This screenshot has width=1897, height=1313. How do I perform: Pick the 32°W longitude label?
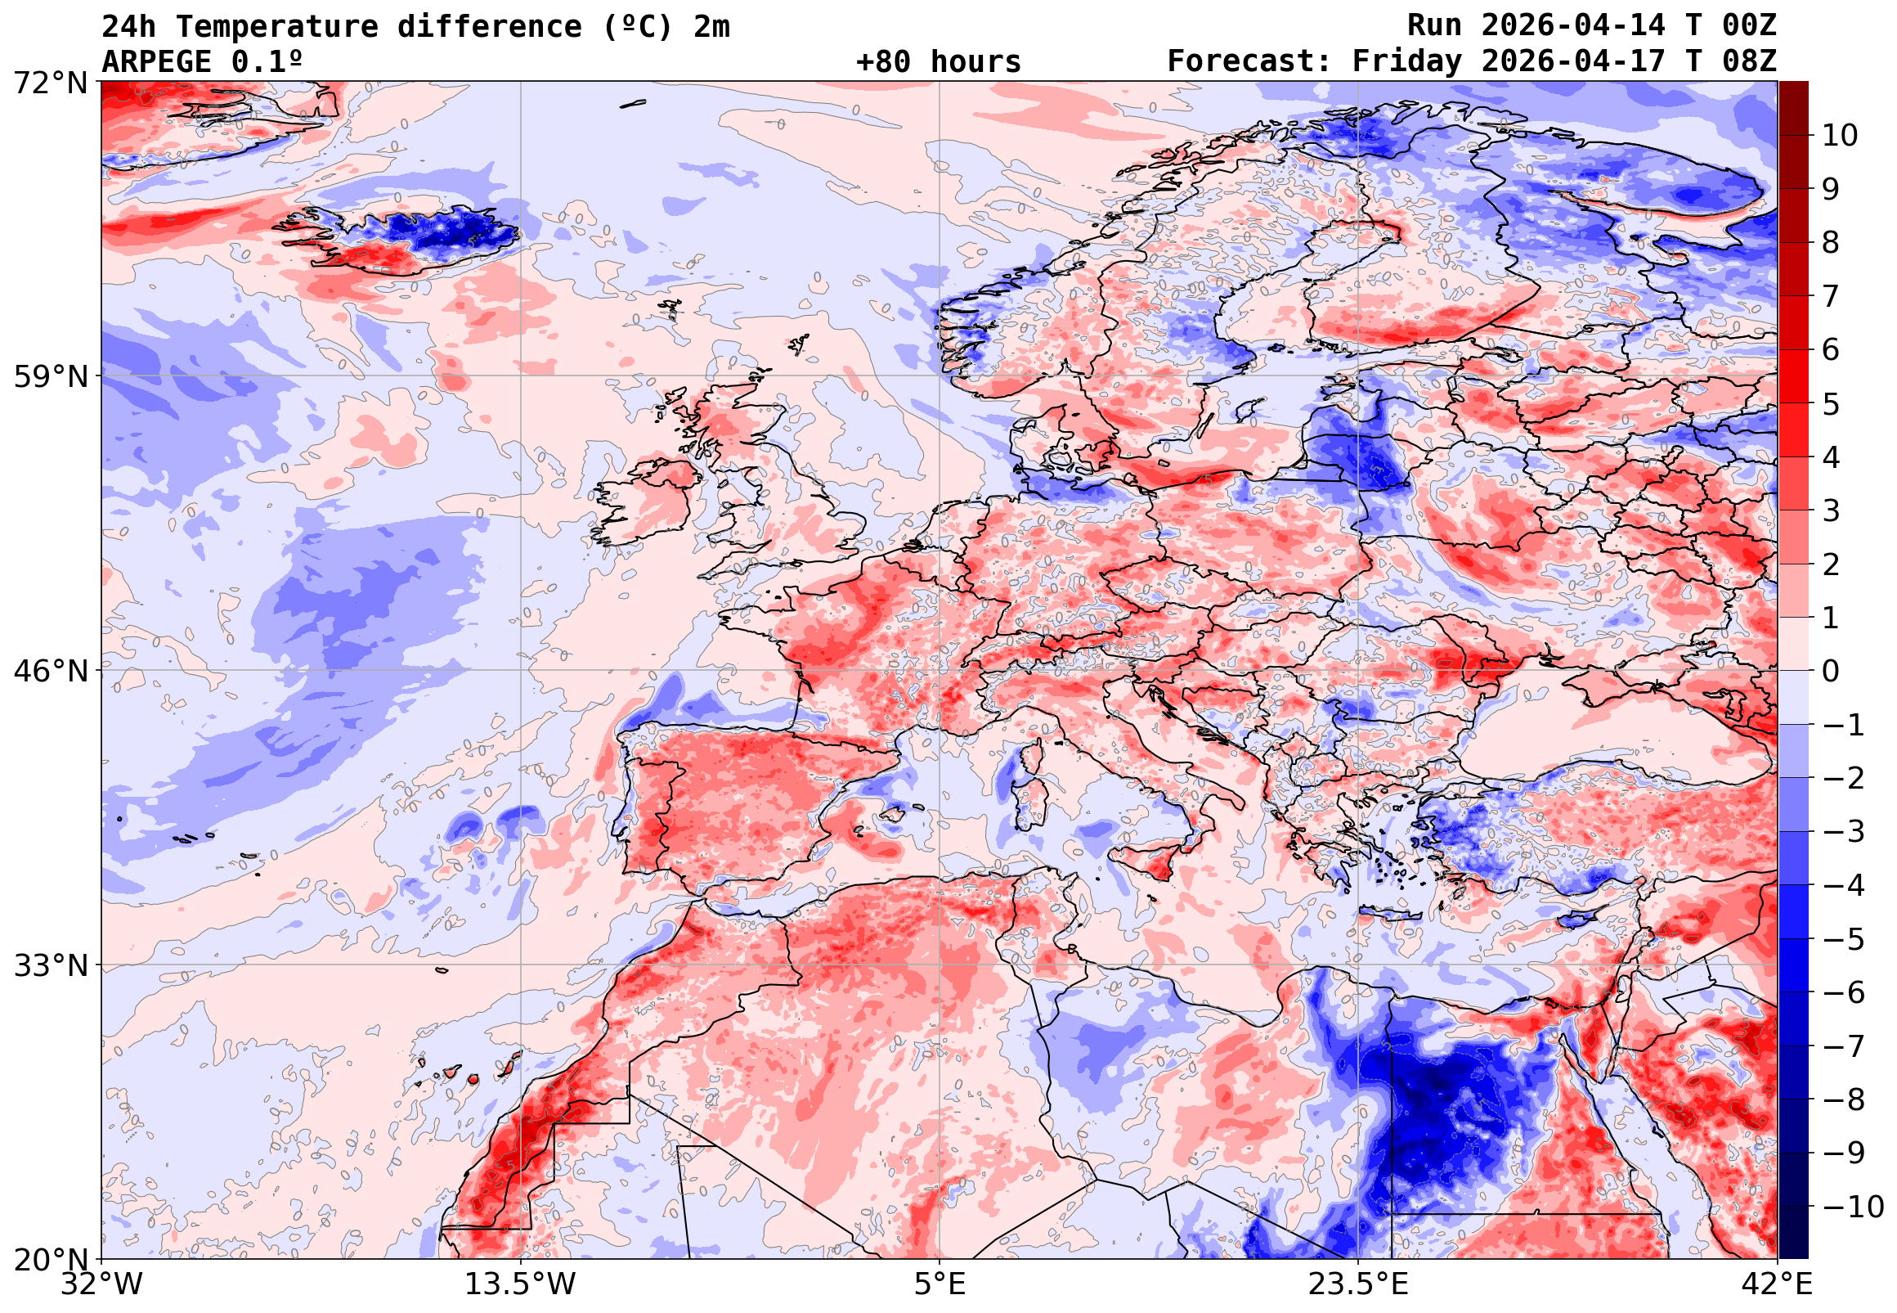[x=101, y=1284]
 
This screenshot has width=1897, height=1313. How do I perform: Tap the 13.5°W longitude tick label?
[x=521, y=1284]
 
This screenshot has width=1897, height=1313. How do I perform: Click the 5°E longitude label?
[x=940, y=1284]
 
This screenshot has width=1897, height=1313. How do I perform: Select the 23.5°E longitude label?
[x=1358, y=1284]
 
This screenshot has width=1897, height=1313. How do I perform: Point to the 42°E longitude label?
[x=1778, y=1284]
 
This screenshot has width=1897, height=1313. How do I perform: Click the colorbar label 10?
[x=1840, y=136]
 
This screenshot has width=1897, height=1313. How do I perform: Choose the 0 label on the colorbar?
[x=1831, y=672]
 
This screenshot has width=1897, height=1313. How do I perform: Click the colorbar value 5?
[x=1831, y=404]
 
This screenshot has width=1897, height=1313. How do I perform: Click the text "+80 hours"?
[x=938, y=61]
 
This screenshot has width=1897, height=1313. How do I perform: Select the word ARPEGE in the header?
[x=156, y=61]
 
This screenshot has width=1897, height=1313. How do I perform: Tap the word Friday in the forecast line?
[x=1407, y=61]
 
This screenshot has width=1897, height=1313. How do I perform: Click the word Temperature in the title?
[x=277, y=27]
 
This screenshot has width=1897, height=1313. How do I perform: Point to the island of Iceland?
[x=403, y=239]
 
